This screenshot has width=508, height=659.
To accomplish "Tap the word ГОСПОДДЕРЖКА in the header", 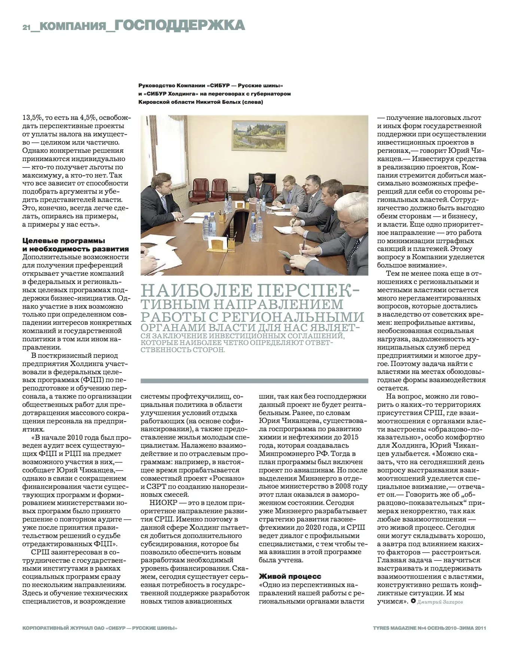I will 179,25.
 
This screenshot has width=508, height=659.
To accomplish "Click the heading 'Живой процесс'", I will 290,576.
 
